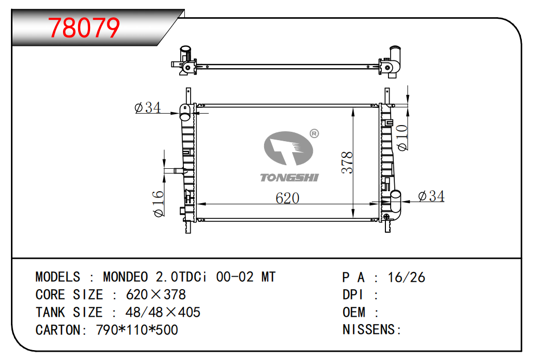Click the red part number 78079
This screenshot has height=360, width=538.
[x=84, y=28]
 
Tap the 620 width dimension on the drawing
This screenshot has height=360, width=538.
[x=287, y=198]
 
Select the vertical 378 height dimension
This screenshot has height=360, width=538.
[x=347, y=163]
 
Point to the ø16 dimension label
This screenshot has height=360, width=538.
[x=158, y=204]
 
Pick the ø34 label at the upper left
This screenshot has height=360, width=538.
[x=147, y=107]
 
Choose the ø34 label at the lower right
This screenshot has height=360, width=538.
[x=431, y=196]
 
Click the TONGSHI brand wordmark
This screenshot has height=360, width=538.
[x=289, y=178]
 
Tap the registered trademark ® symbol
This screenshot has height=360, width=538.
[x=314, y=133]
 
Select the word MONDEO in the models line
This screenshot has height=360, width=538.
[x=126, y=277]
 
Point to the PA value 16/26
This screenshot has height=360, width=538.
[x=406, y=277]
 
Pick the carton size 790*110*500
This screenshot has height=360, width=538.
[x=137, y=330]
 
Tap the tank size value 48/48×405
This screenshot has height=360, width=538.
[x=162, y=312]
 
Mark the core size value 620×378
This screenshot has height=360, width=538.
[x=156, y=295]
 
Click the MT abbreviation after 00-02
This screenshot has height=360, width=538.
[x=268, y=277]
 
